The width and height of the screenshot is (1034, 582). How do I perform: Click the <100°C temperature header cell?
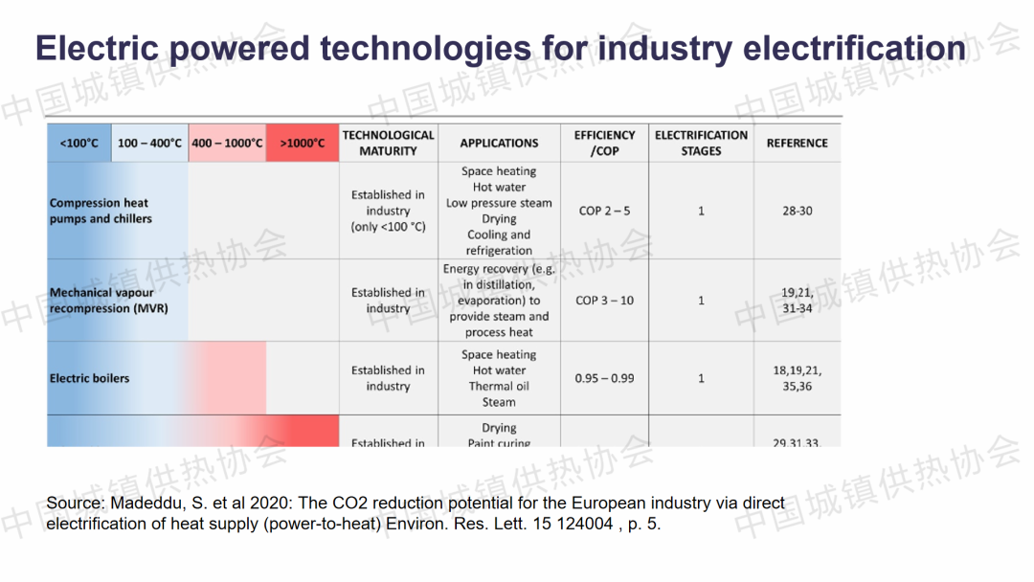(79, 144)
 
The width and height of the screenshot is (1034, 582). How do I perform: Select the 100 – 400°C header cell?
(149, 144)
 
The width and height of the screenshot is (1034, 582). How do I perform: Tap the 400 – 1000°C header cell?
(227, 144)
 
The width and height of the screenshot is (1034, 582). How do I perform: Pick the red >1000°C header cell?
(303, 144)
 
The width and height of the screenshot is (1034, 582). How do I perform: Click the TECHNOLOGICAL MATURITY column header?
(388, 143)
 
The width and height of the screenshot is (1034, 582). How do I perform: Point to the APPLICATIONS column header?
(499, 144)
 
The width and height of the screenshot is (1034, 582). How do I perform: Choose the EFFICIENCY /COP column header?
(604, 143)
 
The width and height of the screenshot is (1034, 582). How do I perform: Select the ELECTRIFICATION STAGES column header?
(701, 143)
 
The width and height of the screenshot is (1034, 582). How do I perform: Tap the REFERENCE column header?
(797, 144)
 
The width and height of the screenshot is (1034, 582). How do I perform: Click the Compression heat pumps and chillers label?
(101, 211)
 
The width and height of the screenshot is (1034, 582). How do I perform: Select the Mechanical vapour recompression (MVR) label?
(108, 301)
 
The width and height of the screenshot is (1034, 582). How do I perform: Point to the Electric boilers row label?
(89, 378)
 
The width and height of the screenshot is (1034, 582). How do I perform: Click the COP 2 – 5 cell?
(604, 211)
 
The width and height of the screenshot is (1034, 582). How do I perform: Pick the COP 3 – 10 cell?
(604, 301)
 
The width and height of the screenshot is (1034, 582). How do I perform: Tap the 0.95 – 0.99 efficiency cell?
(604, 378)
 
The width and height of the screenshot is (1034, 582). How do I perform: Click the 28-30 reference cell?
(797, 211)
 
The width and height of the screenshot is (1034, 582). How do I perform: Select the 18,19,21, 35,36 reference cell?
(797, 378)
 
